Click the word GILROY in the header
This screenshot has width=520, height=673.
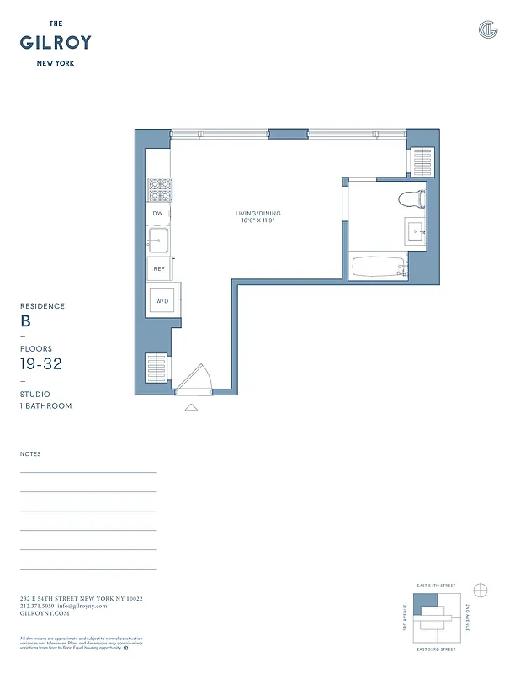coord(56,43)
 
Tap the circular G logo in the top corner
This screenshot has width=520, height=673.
coord(487,30)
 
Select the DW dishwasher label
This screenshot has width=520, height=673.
coord(157,215)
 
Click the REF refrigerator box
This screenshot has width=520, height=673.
coord(158,270)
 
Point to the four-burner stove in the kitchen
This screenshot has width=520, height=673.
coord(159,190)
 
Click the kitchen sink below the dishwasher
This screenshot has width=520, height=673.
coord(158,242)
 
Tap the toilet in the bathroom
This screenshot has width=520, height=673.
coord(411,199)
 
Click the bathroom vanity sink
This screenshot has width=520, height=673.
coord(417,230)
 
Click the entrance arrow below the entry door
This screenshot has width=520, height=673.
coord(191,407)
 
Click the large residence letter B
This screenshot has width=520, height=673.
coord(25,321)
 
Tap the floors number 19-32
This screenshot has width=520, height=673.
coord(40,363)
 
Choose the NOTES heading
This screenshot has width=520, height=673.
coord(30,454)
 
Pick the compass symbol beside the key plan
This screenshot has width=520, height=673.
coord(481,589)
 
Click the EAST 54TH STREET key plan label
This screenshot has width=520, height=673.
coord(434,586)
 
